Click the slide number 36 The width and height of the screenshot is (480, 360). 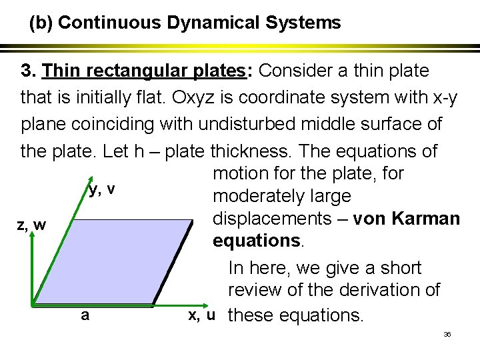click(447, 333)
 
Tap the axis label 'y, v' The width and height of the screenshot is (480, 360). click(102, 189)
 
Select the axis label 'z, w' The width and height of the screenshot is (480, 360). click(31, 225)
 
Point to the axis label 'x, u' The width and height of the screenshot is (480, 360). click(201, 315)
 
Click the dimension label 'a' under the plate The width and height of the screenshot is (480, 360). click(85, 315)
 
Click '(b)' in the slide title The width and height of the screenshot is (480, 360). click(41, 23)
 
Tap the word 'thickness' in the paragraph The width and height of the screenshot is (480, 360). click(301, 151)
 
